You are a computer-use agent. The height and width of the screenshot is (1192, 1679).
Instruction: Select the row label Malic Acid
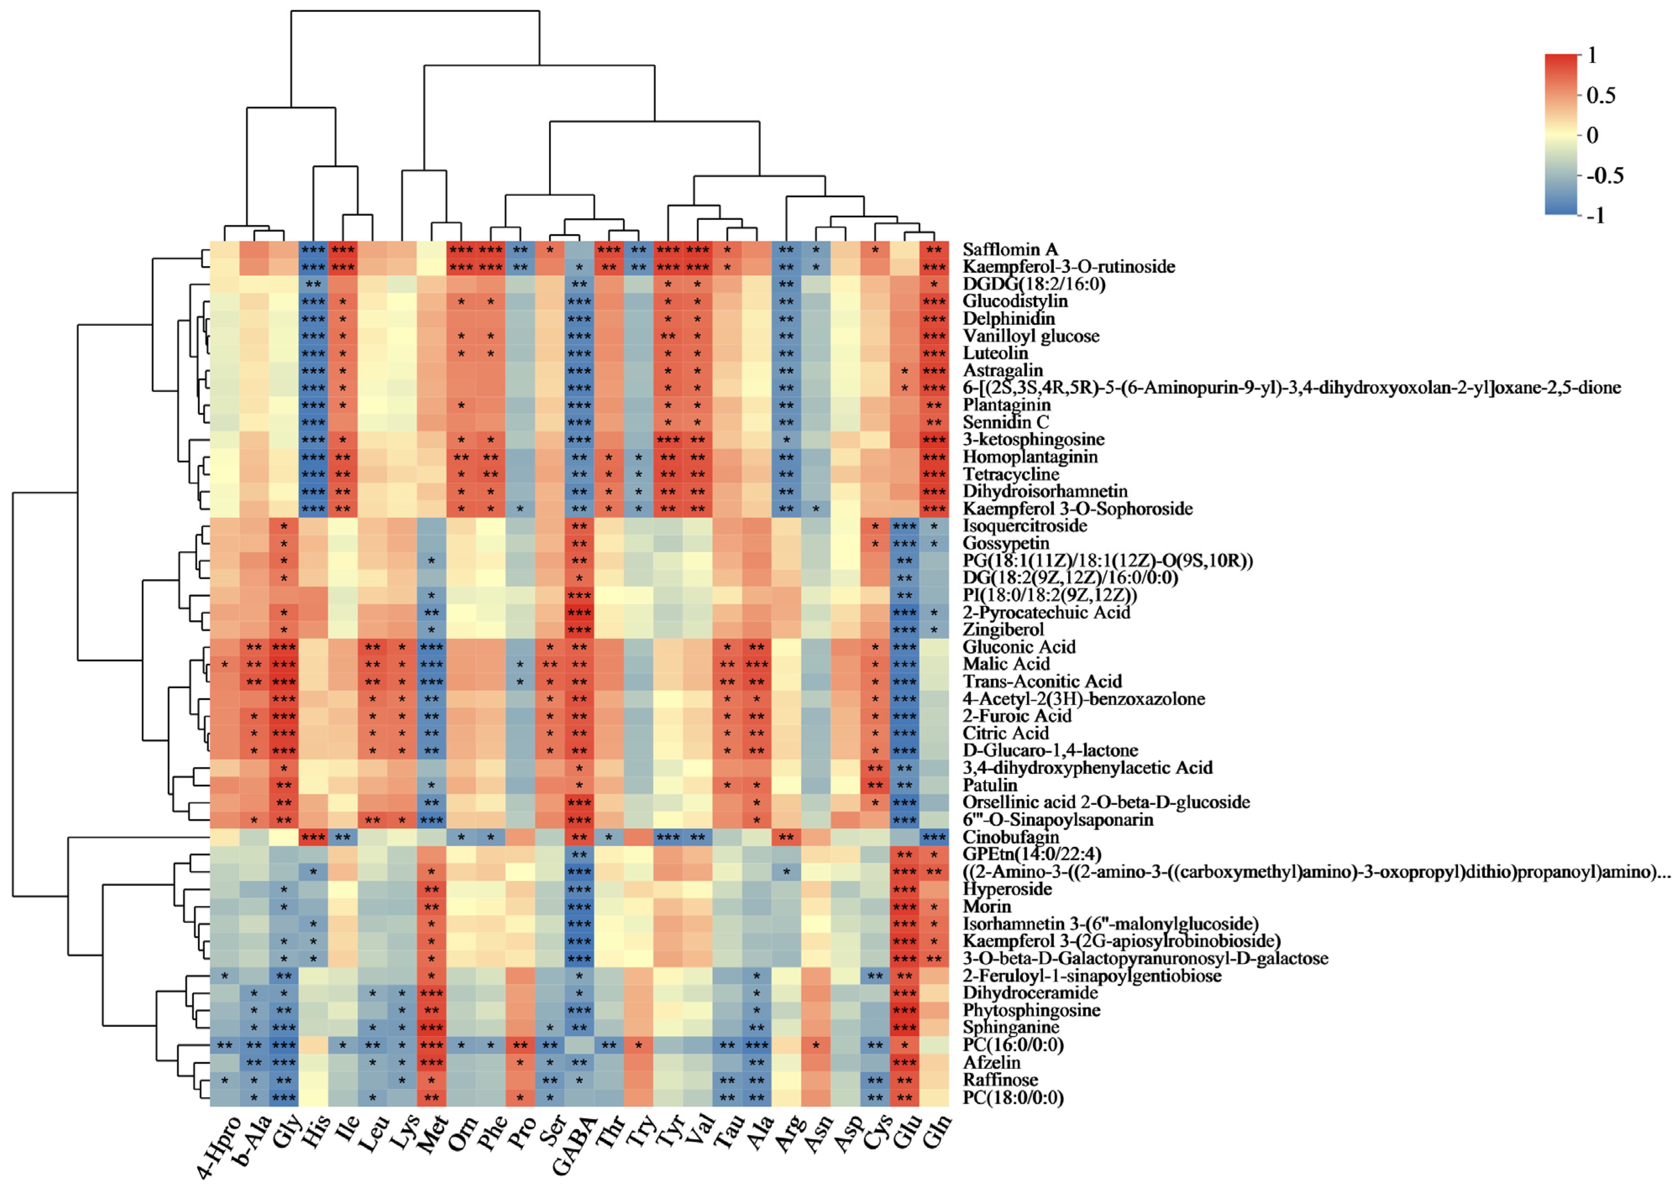click(1006, 664)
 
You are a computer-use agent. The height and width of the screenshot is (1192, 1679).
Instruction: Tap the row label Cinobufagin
click(1011, 837)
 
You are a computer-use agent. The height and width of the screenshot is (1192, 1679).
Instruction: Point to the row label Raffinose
click(1000, 1080)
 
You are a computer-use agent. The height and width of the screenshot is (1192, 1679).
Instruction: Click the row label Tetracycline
click(1011, 474)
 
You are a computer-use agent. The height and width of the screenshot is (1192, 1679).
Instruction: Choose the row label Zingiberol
click(1003, 630)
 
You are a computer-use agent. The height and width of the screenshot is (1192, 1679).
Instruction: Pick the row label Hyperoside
click(1007, 889)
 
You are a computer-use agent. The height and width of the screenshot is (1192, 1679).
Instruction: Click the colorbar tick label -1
click(1596, 216)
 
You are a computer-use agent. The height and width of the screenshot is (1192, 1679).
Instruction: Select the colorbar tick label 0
click(1593, 135)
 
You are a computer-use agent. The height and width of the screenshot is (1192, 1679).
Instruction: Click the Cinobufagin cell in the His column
click(313, 837)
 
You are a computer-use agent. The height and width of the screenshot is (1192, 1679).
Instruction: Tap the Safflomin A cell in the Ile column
click(343, 250)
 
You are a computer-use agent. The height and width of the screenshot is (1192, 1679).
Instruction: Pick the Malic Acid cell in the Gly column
click(284, 664)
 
